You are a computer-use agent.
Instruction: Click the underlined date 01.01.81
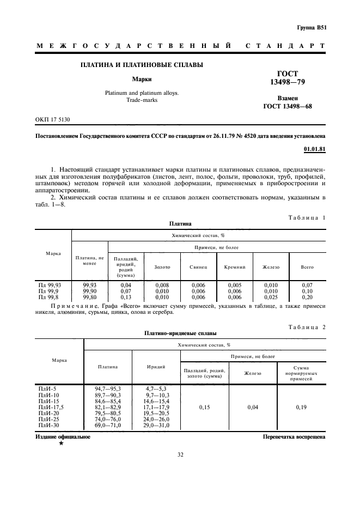pyautogui.click(x=314, y=148)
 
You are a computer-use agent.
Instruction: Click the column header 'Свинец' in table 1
pyautogui.click(x=198, y=267)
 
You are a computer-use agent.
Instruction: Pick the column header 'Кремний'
pyautogui.click(x=235, y=267)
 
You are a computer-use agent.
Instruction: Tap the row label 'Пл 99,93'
pyautogui.click(x=50, y=285)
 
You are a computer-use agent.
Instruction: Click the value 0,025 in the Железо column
pyautogui.click(x=271, y=297)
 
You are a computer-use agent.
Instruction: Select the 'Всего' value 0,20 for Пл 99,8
pyautogui.click(x=307, y=297)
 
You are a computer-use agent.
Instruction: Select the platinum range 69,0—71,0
pyautogui.click(x=108, y=425)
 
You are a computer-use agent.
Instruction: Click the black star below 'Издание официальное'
pyautogui.click(x=61, y=444)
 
